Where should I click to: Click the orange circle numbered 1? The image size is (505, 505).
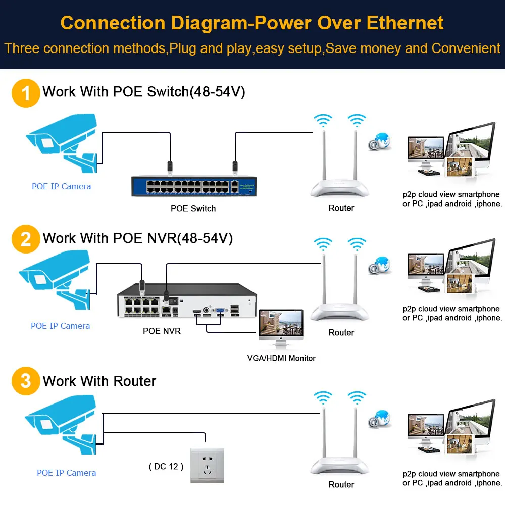tap(26, 93)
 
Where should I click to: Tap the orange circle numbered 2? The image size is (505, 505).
tap(26, 239)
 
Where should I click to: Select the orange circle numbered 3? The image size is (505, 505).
tap(26, 381)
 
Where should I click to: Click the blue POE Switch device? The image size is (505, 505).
tap(194, 186)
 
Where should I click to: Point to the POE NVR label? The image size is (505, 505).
tap(162, 331)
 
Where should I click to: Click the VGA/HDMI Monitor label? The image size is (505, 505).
tap(281, 358)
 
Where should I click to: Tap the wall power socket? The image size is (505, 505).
tap(207, 466)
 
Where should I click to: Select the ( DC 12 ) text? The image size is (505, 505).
tap(166, 466)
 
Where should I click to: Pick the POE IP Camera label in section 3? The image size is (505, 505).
tap(66, 473)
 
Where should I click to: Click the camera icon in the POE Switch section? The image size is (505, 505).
tap(62, 143)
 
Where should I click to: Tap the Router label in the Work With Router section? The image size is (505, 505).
tap(341, 484)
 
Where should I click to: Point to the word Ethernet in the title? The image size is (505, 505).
tap(405, 23)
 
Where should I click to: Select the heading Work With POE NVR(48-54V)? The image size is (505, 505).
tap(137, 238)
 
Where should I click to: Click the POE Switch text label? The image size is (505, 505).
tap(193, 208)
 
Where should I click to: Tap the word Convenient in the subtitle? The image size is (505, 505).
tap(466, 48)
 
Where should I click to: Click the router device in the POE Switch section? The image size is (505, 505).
tap(340, 156)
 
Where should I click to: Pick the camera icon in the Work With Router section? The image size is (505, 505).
tap(61, 425)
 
